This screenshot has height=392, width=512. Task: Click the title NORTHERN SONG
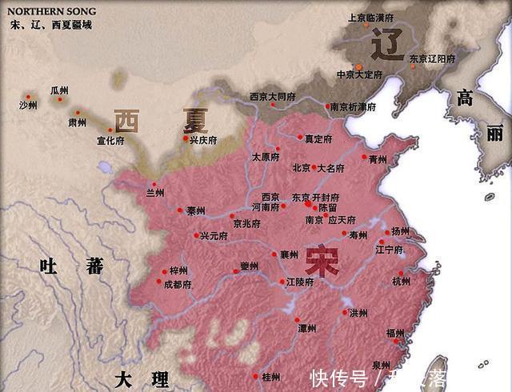click(52, 11)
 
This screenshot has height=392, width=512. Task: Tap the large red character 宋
click(322, 262)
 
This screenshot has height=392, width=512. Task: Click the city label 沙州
click(29, 105)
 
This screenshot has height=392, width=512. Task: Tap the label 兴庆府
click(203, 140)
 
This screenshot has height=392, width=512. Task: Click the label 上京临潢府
click(371, 17)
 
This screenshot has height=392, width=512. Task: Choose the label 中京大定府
click(360, 74)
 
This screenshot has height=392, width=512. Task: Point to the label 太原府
click(267, 157)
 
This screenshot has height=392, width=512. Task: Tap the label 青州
click(378, 159)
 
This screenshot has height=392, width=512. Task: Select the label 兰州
click(154, 193)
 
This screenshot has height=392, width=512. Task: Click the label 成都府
click(178, 284)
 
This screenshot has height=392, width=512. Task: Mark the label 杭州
click(401, 282)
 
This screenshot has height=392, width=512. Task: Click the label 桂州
click(271, 376)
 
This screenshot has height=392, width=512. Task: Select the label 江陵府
click(299, 282)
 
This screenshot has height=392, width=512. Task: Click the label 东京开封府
click(316, 197)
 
